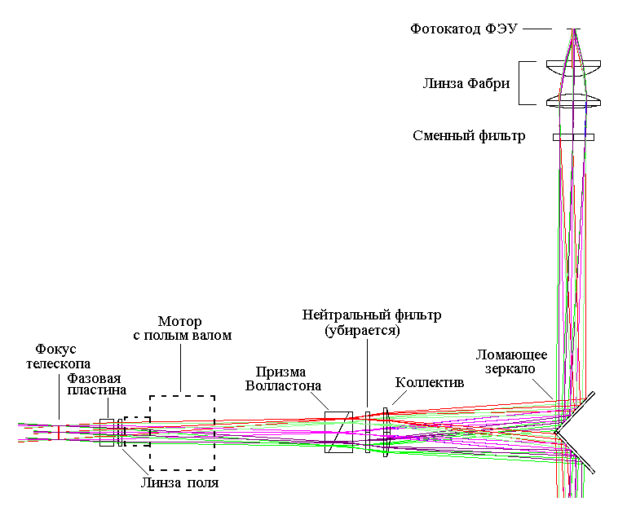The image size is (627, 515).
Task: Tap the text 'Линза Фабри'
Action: click(x=467, y=82)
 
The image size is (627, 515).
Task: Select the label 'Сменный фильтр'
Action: click(x=469, y=136)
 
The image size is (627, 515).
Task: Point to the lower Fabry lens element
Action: click(x=574, y=101)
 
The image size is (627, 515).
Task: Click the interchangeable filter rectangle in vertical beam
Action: click(x=573, y=137)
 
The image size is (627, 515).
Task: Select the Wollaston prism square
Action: click(x=339, y=432)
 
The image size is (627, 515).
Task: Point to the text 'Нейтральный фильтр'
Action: click(x=359, y=315)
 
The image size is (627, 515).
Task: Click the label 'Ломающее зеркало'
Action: click(x=512, y=361)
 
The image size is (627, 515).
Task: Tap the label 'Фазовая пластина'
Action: click(x=97, y=383)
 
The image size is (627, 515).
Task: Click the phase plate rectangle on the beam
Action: click(x=106, y=432)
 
